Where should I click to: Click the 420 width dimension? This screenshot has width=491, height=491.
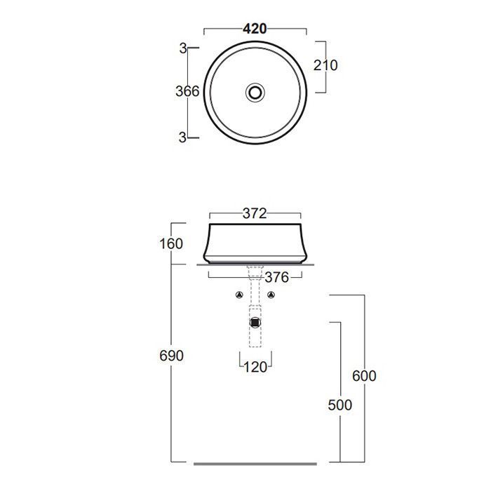(x=255, y=29)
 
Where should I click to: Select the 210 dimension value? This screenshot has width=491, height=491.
(x=326, y=65)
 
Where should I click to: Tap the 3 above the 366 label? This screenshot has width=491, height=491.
(x=183, y=48)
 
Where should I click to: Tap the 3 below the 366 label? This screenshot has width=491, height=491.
(x=183, y=137)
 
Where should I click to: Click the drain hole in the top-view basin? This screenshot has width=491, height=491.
(x=255, y=91)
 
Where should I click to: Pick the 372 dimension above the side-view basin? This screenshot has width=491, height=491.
(x=254, y=214)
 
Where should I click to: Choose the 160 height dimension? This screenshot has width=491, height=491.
(x=170, y=244)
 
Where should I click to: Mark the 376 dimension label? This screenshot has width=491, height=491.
(x=276, y=277)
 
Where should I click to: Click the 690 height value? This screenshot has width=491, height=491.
(x=170, y=356)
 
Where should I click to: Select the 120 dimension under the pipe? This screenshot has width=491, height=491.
(x=255, y=367)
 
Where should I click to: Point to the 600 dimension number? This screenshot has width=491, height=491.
(x=364, y=376)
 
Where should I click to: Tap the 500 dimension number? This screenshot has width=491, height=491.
(x=339, y=405)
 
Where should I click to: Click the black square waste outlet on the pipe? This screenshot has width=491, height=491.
(x=255, y=323)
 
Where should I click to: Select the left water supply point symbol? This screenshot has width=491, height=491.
(x=238, y=295)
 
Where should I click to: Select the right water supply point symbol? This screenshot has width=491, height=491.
(x=271, y=295)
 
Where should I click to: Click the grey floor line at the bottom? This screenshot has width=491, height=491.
(x=255, y=464)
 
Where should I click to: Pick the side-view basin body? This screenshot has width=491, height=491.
(x=255, y=242)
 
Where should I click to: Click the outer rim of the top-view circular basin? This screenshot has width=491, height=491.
(x=206, y=91)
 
